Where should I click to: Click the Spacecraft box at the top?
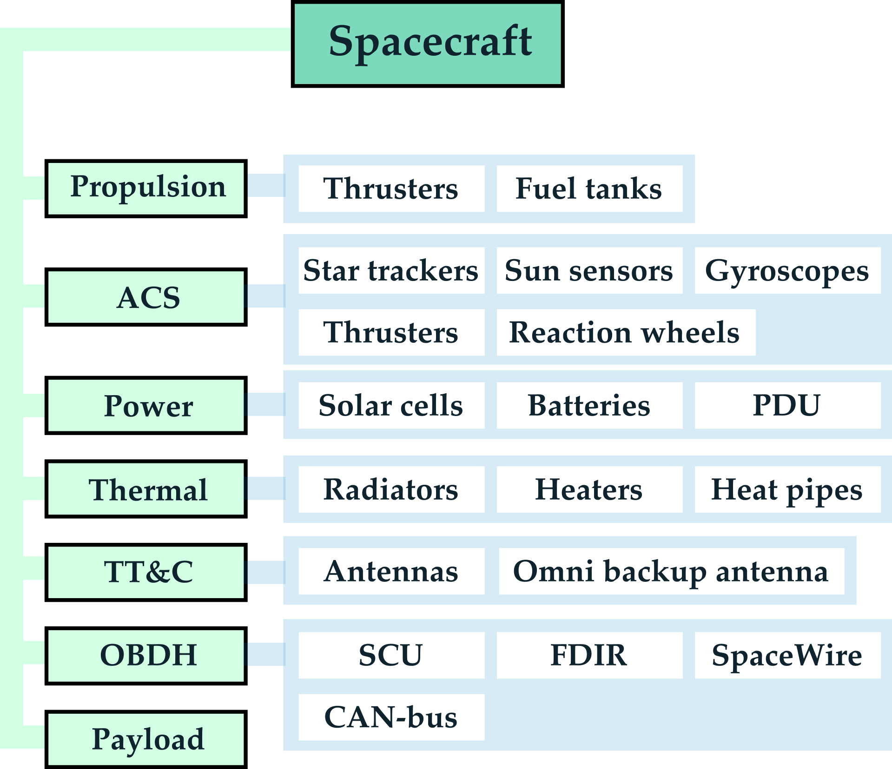427,44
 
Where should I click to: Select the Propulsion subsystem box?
146,189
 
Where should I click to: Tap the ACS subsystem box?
146,297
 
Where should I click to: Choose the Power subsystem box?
146,405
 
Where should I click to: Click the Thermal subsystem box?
146,489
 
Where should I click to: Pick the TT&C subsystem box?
146,572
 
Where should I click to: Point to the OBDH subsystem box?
146,656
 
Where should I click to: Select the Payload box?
146,739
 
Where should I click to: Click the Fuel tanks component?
589,189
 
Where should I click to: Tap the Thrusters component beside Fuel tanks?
391,189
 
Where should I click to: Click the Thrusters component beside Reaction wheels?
391,332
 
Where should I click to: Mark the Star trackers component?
391,270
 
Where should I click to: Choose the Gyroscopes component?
787,270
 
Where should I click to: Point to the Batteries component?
589,405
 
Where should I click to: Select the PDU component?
787,405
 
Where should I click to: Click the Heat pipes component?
787,489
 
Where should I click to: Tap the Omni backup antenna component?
671,571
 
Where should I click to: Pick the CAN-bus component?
391,717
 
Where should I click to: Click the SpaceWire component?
787,655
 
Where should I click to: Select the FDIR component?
589,655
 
